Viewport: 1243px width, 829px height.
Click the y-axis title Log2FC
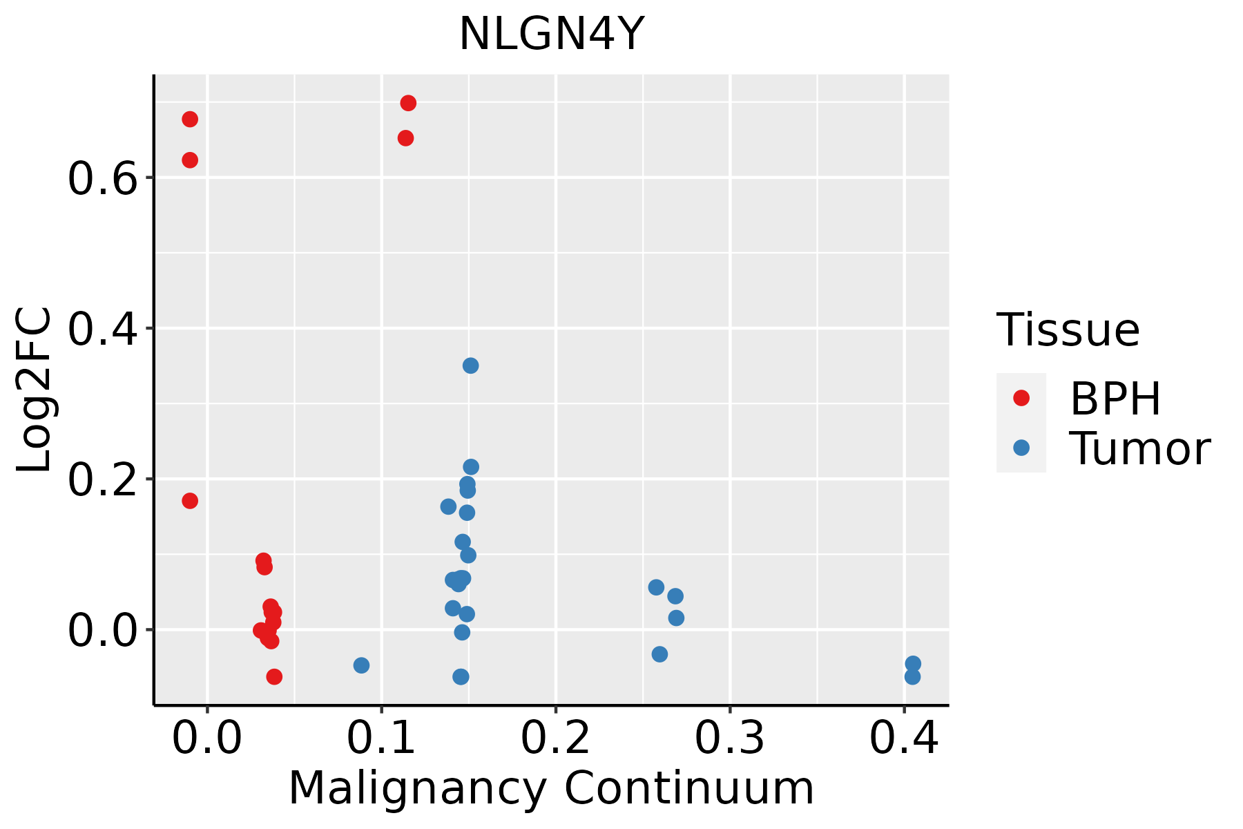(x=35, y=390)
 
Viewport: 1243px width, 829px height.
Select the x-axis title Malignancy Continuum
(x=551, y=788)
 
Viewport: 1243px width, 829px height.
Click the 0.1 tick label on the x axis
(x=381, y=739)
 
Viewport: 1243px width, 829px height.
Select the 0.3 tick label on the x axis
(x=729, y=739)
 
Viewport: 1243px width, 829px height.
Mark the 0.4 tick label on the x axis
(x=903, y=739)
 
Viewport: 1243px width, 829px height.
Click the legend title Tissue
(x=1068, y=330)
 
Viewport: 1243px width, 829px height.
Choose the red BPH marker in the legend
(x=1021, y=398)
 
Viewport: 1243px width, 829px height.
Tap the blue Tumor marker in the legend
(x=1021, y=448)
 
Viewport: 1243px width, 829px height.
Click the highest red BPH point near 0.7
(x=408, y=103)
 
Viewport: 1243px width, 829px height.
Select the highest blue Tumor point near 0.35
(x=470, y=365)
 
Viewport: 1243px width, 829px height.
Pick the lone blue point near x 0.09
(x=361, y=665)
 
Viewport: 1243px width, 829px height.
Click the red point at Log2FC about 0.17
(x=190, y=501)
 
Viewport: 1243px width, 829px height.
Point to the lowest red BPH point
(x=274, y=676)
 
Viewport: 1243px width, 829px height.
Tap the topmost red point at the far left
(x=190, y=120)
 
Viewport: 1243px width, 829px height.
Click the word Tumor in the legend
(x=1139, y=449)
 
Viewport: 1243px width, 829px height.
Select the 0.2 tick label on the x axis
(x=555, y=739)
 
